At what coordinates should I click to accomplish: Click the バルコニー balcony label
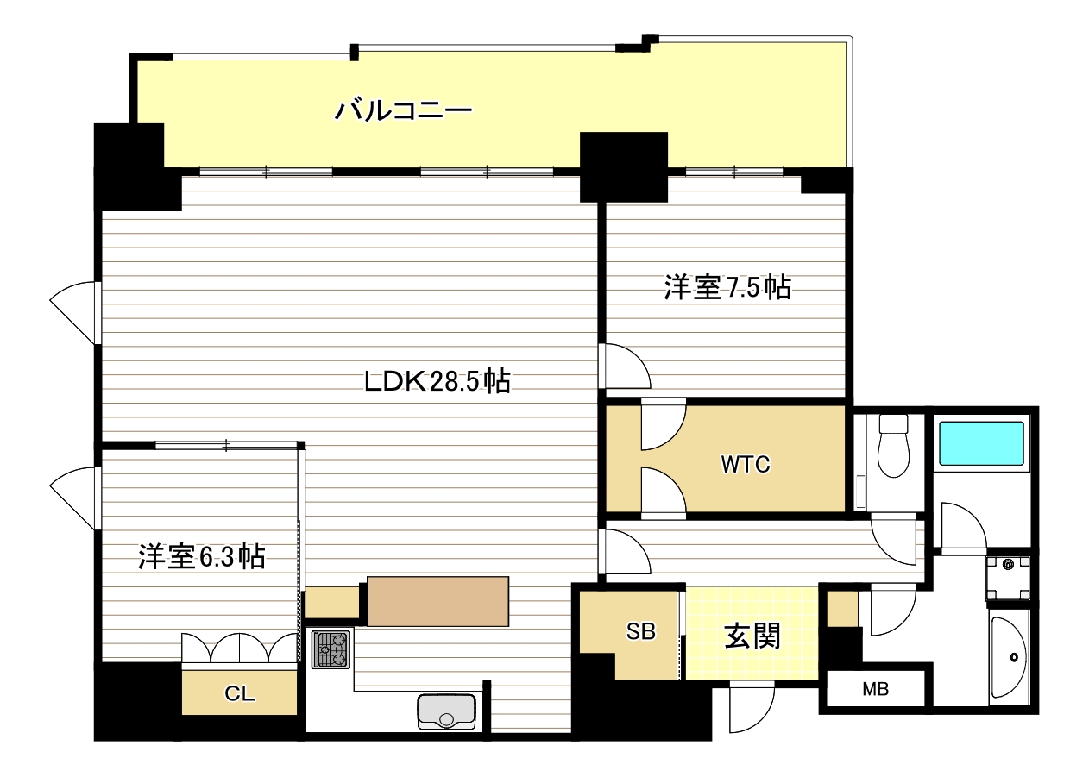click(403, 110)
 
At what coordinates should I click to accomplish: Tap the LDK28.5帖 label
click(437, 381)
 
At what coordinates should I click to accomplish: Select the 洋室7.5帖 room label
click(727, 287)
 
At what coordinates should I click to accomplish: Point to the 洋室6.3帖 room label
click(202, 557)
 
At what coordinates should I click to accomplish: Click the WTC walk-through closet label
click(746, 465)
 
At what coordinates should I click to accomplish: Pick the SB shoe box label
click(641, 631)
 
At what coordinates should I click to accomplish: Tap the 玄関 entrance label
click(752, 636)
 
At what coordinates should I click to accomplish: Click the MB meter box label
click(876, 688)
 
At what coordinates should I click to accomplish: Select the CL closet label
click(239, 693)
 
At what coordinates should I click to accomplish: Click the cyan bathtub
click(981, 443)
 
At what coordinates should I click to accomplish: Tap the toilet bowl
click(894, 446)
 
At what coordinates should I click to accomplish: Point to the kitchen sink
click(447, 711)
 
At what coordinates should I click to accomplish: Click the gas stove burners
click(330, 649)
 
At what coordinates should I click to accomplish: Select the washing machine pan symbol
click(1008, 579)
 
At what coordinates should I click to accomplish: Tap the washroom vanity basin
click(1010, 657)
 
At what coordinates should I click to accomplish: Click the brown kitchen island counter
click(438, 602)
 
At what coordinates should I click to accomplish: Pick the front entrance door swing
click(752, 707)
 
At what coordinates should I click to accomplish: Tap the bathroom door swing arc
click(964, 527)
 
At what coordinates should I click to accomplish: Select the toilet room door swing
click(894, 539)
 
